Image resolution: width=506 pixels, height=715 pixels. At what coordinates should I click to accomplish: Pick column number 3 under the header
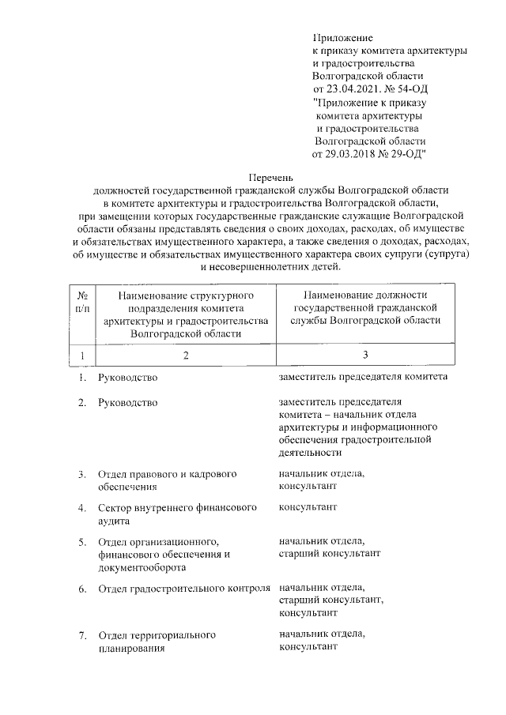[364, 354]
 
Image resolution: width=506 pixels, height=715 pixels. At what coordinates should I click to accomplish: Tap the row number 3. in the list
[82, 474]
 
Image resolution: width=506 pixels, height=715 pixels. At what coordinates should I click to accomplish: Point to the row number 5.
[82, 542]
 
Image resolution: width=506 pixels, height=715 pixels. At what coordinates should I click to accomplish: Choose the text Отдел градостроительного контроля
[185, 589]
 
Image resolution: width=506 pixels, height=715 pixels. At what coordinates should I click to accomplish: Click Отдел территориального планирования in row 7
[157, 642]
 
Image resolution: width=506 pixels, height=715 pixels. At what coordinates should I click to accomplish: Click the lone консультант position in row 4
[308, 506]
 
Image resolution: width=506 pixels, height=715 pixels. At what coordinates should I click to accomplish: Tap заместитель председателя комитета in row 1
[364, 377]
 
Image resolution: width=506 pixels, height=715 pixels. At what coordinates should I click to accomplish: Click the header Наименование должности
[364, 295]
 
